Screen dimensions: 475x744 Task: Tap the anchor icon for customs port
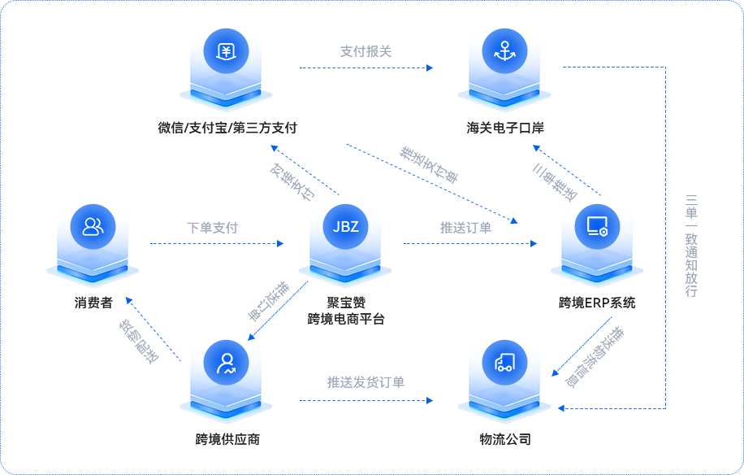pyautogui.click(x=504, y=50)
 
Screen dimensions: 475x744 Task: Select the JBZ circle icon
pyautogui.click(x=345, y=226)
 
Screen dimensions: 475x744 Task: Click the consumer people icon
pyautogui.click(x=93, y=226)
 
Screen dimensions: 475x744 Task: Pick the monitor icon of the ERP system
pyautogui.click(x=597, y=226)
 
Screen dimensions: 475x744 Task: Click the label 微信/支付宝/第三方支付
pyautogui.click(x=227, y=128)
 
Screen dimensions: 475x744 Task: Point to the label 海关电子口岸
pyautogui.click(x=504, y=128)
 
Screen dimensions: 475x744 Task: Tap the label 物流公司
pyautogui.click(x=504, y=440)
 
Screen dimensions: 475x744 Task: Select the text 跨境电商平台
pyautogui.click(x=345, y=319)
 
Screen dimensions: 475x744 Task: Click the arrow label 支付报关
pyautogui.click(x=366, y=52)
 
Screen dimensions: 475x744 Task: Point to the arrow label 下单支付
pyautogui.click(x=212, y=228)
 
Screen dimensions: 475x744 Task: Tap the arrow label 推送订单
pyautogui.click(x=465, y=228)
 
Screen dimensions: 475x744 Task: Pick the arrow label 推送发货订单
pyautogui.click(x=366, y=382)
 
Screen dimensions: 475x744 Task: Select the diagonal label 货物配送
pyautogui.click(x=139, y=341)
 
